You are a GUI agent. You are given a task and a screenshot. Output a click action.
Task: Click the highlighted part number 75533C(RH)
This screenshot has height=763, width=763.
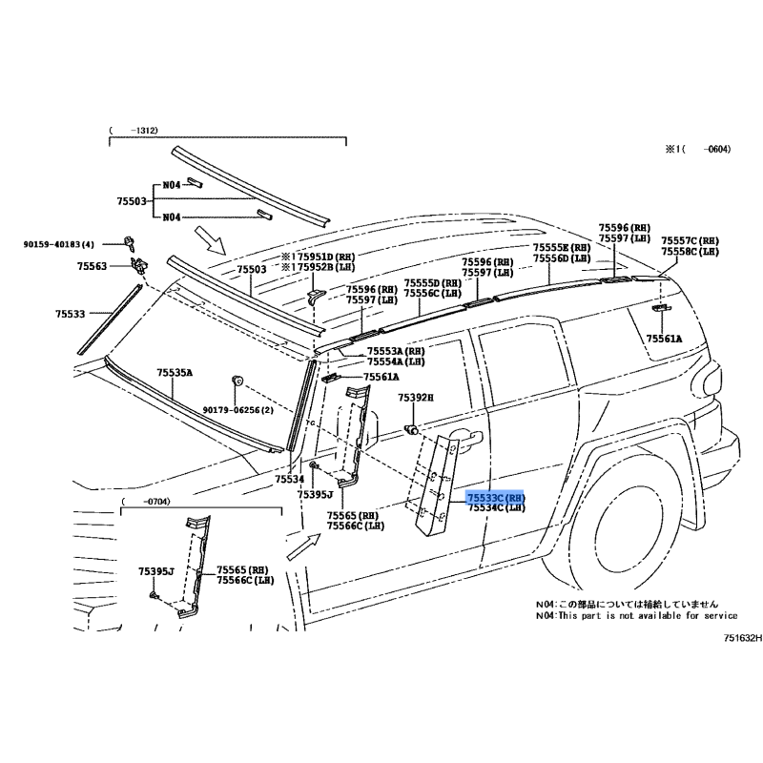point(496,498)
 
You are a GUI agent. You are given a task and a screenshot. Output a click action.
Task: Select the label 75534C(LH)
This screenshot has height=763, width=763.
point(496,508)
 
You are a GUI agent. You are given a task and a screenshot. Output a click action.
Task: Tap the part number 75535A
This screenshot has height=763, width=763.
point(175,372)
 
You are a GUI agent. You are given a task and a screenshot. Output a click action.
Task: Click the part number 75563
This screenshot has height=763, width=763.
point(93,268)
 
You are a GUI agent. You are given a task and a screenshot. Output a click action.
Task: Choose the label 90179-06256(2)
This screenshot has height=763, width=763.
point(237,410)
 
